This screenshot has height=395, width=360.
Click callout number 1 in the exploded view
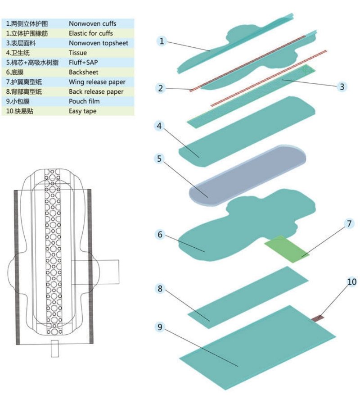click(162, 41)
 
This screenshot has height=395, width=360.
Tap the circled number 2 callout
click(161, 88)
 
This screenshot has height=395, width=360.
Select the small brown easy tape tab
click(318, 318)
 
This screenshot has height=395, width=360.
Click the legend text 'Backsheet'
click(83, 72)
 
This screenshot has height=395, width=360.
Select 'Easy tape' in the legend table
click(82, 111)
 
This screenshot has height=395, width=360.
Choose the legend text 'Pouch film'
click(84, 101)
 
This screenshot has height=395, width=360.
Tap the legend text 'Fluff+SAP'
click(83, 62)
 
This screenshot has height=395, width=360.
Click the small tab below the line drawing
click(55, 349)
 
